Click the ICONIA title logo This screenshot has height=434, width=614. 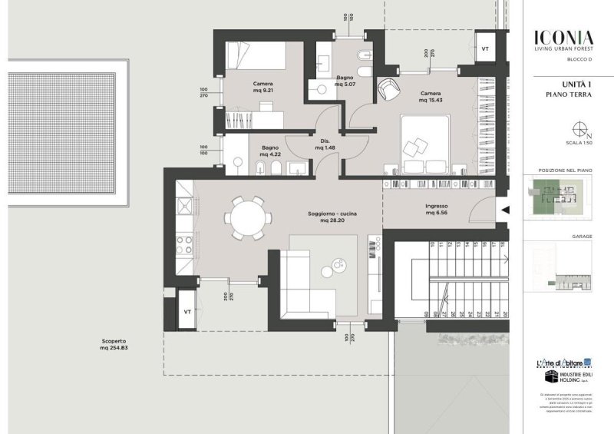pos(563,37)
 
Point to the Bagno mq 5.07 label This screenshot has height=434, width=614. pos(344,82)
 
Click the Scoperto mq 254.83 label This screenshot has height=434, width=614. pos(113,344)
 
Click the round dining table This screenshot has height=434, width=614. pos(248,217)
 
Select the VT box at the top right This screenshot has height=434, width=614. pos(484,48)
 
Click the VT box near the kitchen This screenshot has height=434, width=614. pos(187,312)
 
